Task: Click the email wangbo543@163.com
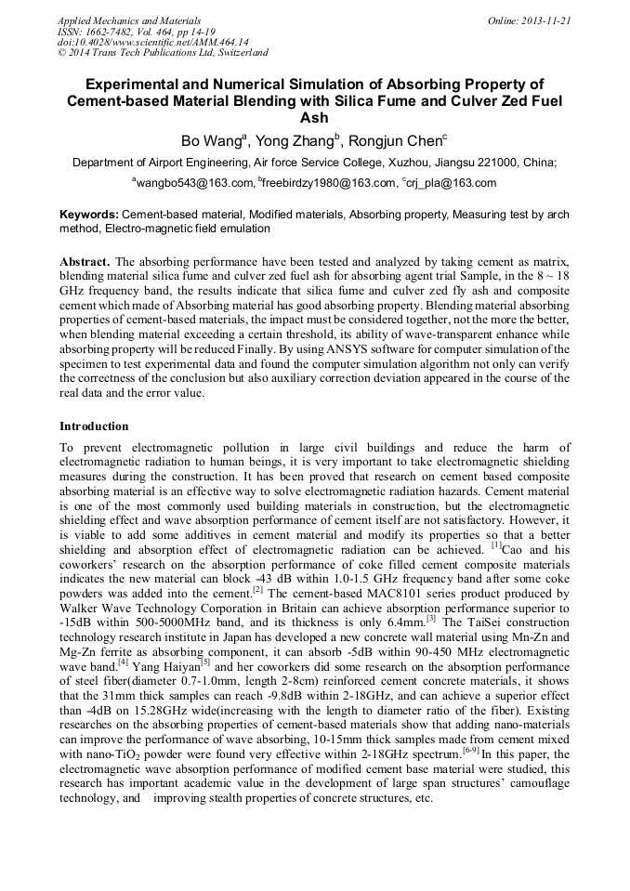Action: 194,183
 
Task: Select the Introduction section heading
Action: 94,426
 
